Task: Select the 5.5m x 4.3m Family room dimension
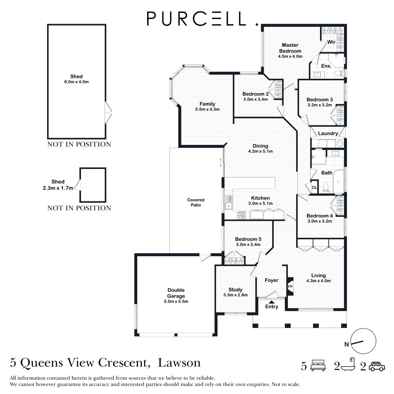click(x=207, y=109)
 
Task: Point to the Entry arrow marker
click(x=271, y=302)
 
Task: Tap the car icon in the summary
click(x=376, y=366)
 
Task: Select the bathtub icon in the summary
click(x=347, y=365)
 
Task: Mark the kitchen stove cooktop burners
click(x=242, y=216)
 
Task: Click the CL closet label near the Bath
click(x=314, y=188)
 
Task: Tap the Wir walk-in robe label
click(x=331, y=42)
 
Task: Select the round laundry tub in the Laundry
click(x=339, y=143)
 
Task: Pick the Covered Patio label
click(x=196, y=202)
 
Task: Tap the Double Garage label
click(x=176, y=293)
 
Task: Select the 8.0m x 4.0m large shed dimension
click(x=77, y=82)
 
